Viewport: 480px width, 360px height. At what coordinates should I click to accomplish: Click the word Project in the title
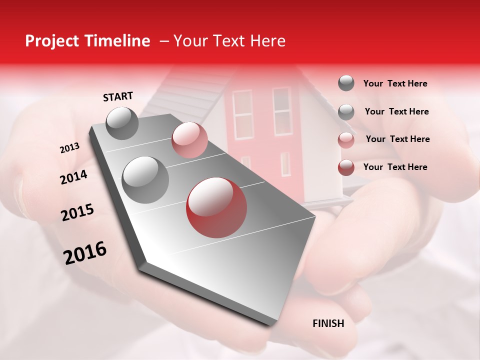click(x=51, y=41)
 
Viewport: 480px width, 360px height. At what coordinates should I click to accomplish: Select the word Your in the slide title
click(x=190, y=41)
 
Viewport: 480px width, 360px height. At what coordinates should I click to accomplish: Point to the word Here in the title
click(x=267, y=41)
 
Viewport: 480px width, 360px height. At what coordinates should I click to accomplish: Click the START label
click(x=118, y=96)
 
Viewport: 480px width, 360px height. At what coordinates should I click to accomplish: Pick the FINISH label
click(x=328, y=323)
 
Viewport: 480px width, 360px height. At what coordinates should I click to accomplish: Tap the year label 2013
click(x=70, y=148)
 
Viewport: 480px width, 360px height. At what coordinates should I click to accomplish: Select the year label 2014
click(x=74, y=177)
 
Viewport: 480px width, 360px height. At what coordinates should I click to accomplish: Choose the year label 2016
click(x=85, y=253)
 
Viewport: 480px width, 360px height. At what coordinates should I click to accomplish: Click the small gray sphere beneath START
click(x=122, y=123)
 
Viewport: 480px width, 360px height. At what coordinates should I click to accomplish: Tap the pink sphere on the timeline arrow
click(x=189, y=139)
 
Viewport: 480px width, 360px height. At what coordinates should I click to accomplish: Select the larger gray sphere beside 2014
click(x=145, y=179)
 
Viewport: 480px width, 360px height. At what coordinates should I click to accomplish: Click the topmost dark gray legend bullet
click(x=346, y=83)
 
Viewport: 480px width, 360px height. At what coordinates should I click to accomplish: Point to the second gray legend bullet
click(x=346, y=112)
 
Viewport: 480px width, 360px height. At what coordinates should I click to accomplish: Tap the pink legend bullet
click(x=346, y=140)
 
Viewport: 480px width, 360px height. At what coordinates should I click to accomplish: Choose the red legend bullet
click(x=346, y=167)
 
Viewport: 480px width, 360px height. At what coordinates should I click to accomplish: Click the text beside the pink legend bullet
click(x=397, y=139)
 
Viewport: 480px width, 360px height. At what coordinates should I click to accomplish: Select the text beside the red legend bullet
click(x=395, y=167)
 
